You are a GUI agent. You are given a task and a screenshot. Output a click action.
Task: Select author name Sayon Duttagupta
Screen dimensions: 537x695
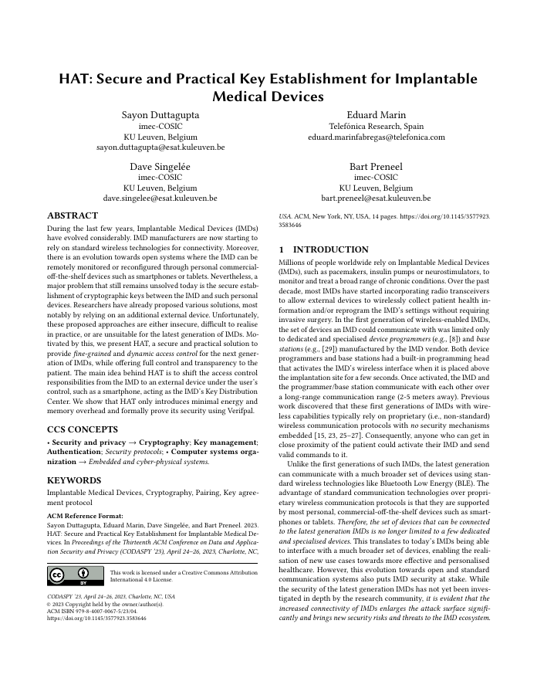tap(160, 115)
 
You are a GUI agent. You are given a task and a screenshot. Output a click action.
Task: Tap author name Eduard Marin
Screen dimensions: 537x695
tap(377, 115)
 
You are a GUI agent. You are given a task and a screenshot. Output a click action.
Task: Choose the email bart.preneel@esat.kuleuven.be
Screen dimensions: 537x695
tap(377, 198)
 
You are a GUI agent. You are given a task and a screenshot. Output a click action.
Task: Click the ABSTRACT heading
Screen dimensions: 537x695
tap(73, 215)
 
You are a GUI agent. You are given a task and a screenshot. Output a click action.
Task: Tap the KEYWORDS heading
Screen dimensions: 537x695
tap(74, 480)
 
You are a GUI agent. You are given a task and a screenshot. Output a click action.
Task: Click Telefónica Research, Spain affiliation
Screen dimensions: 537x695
tap(377, 126)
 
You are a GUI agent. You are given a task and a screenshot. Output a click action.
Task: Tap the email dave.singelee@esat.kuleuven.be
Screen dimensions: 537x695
tap(160, 198)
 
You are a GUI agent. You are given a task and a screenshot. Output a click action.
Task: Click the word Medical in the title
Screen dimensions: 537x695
tap(247, 98)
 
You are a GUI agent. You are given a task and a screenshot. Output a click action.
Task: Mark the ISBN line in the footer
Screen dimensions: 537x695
tap(92, 610)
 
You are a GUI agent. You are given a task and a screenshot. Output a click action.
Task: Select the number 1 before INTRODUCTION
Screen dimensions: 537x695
tap(281, 249)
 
